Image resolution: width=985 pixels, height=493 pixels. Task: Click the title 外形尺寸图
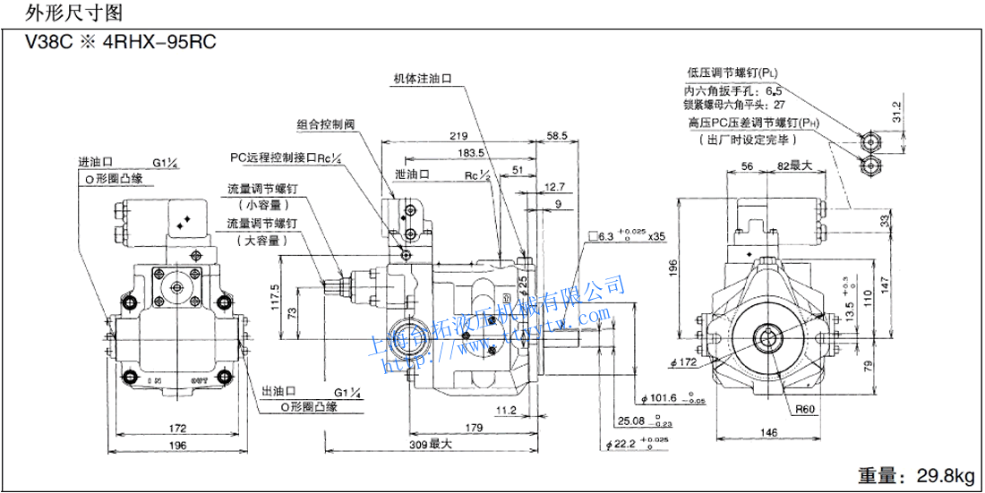coord(61,13)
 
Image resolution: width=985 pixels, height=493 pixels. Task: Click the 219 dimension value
coord(458,136)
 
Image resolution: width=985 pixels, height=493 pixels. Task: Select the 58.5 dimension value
coord(557,136)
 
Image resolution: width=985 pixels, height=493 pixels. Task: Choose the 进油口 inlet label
coord(94,163)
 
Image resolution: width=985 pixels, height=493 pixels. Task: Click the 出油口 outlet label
coord(278,392)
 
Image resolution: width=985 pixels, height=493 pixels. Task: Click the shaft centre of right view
coord(769,337)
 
